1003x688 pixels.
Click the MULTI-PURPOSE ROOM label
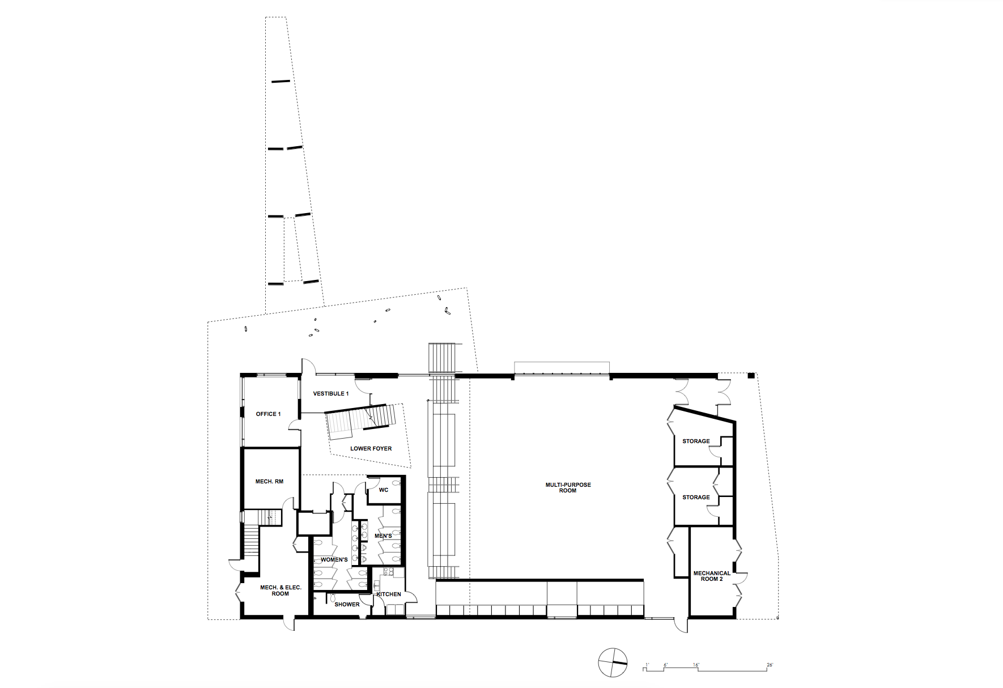pos(568,487)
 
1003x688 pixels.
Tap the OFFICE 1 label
pos(268,414)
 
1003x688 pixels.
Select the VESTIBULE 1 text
pos(331,394)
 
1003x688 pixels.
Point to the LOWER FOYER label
pos(371,449)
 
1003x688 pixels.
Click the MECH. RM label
pos(269,482)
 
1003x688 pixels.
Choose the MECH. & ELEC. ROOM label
pos(280,591)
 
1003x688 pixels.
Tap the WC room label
pos(384,490)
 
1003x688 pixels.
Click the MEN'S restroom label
pos(383,536)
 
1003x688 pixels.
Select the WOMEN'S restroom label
pos(334,560)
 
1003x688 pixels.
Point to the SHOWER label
pos(347,605)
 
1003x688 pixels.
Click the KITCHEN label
pos(389,594)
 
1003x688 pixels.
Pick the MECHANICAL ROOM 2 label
pos(712,576)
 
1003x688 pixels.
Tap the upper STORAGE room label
pos(696,441)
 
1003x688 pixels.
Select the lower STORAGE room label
pos(696,498)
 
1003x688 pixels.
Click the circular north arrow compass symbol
pos(613,662)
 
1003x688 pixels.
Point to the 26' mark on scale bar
pos(770,665)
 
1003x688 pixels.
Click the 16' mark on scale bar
pos(696,665)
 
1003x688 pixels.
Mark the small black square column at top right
pos(751,375)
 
